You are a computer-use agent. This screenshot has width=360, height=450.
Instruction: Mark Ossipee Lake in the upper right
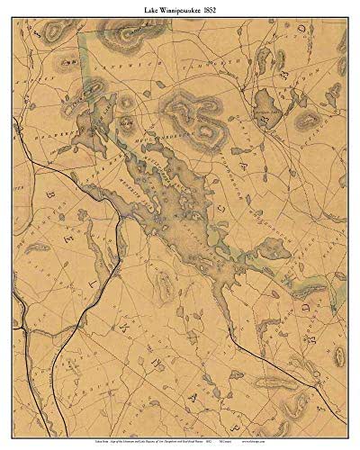coord(267,103)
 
